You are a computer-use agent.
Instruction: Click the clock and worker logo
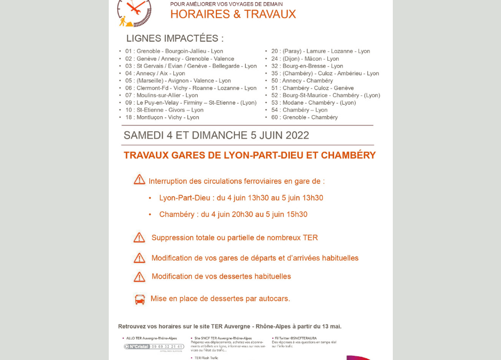134,12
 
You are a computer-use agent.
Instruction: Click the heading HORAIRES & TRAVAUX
233,14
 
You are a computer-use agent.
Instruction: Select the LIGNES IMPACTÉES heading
175,38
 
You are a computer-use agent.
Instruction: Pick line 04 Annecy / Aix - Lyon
155,73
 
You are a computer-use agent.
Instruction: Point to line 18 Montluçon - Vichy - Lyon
162,117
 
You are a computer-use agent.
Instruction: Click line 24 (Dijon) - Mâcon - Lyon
305,59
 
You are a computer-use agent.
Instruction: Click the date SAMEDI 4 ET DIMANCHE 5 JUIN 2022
216,135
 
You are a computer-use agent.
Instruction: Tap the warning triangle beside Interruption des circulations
139,180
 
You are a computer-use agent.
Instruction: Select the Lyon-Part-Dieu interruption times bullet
241,198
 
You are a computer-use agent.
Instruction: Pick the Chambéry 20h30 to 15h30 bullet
233,214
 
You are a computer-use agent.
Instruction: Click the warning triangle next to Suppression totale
139,237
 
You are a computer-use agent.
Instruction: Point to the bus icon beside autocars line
140,299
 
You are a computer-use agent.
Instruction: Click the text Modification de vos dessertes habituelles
221,276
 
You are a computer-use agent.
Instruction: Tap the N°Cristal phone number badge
154,347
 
